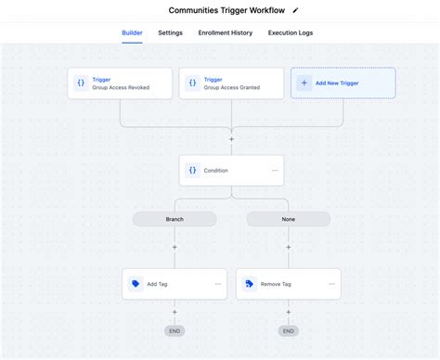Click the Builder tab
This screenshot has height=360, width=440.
[132, 32]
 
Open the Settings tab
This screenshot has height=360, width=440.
[170, 32]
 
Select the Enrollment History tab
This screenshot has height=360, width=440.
[225, 32]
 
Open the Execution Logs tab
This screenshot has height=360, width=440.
[291, 32]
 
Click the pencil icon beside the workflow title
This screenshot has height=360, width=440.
[295, 10]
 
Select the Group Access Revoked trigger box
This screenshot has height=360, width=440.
[120, 83]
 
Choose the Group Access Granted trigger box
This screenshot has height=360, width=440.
[231, 83]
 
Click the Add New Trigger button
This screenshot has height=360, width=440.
[343, 83]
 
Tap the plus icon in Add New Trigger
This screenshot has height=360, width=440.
[304, 83]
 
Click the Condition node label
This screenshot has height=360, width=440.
[215, 170]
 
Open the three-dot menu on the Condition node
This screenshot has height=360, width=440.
[275, 170]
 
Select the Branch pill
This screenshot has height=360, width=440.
[175, 219]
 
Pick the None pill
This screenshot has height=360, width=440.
[288, 219]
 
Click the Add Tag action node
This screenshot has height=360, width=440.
[167, 284]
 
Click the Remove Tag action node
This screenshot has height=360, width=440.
[278, 284]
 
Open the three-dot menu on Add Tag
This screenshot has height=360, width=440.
[218, 284]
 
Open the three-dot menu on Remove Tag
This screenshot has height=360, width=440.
[331, 284]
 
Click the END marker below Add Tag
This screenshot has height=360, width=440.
[175, 330]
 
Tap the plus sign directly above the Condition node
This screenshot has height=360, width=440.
[231, 138]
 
